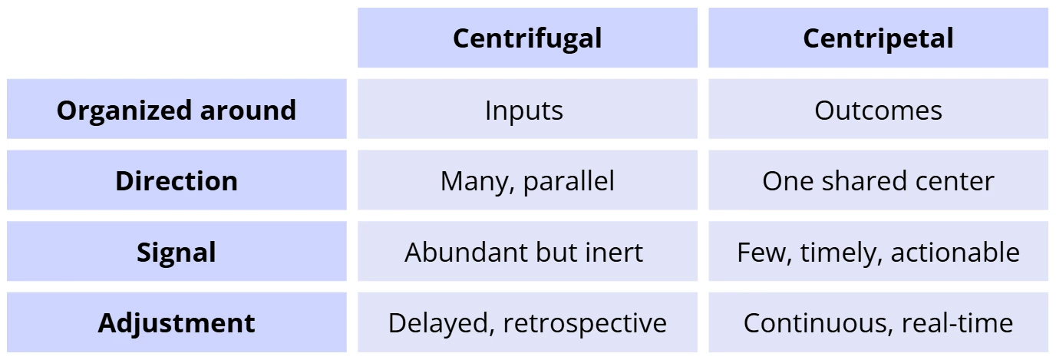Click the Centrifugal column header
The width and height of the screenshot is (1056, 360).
click(x=527, y=38)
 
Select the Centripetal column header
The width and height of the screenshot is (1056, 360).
click(x=878, y=38)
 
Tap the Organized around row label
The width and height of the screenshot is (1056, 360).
click(x=177, y=109)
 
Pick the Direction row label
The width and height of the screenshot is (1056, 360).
click(x=177, y=180)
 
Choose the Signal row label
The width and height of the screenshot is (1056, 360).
click(x=177, y=252)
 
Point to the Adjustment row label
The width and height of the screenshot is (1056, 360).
click(x=177, y=322)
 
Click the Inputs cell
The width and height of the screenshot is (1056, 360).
click(x=527, y=109)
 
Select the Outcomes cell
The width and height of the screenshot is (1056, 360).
click(x=878, y=109)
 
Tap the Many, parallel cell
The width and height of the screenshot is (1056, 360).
click(x=527, y=180)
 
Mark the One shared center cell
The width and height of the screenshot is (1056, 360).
click(x=878, y=180)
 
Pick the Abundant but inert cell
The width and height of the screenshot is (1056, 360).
click(x=527, y=252)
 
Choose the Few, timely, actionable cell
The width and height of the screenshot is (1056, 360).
click(x=878, y=252)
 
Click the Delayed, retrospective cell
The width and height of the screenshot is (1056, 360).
click(x=527, y=322)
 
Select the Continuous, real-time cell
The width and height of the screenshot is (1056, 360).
click(x=878, y=322)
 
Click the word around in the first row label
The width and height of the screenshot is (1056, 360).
click(x=248, y=111)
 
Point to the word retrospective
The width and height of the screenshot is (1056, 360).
click(x=585, y=325)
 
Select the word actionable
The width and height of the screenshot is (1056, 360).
click(x=955, y=252)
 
